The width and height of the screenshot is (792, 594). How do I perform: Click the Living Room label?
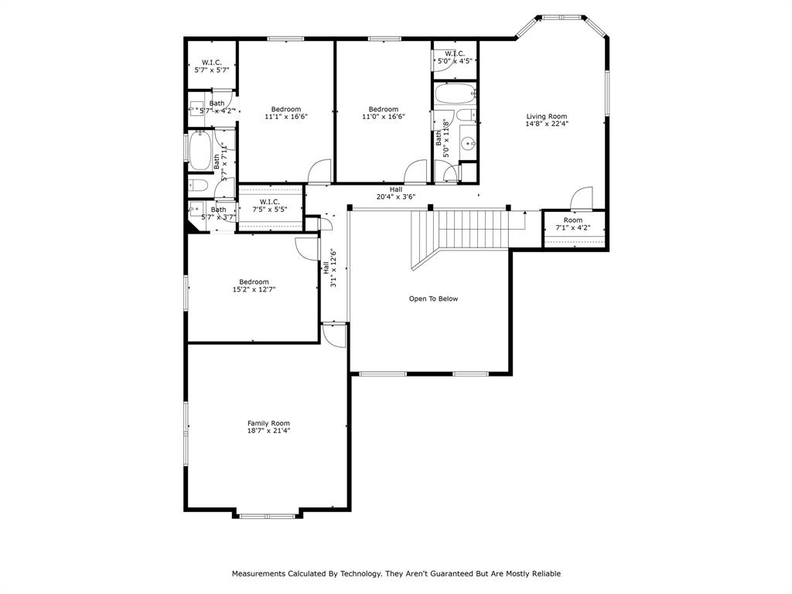[x=547, y=117]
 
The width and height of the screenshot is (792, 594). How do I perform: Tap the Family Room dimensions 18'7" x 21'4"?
[x=268, y=431]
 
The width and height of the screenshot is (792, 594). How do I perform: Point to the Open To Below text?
[x=433, y=299]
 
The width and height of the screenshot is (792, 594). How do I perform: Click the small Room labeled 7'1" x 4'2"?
[x=573, y=224]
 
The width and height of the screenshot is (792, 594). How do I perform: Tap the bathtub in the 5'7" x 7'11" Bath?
[x=200, y=151]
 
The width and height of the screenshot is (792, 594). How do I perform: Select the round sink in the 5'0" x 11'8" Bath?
[x=467, y=143]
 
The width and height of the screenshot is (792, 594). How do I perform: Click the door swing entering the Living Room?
[x=582, y=199]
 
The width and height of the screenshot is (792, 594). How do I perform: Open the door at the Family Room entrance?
[x=334, y=334]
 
